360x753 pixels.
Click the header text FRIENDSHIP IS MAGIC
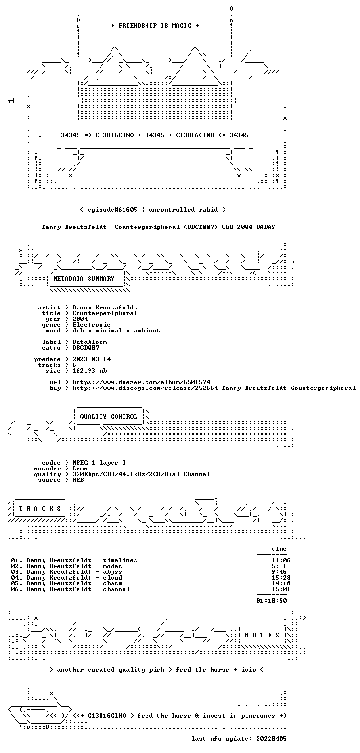click(x=155, y=26)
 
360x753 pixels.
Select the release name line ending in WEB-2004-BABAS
click(x=158, y=227)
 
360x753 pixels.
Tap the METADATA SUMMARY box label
click(x=84, y=279)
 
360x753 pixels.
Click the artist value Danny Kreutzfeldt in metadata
click(x=105, y=308)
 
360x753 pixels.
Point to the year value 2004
click(x=80, y=319)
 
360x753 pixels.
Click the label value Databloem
click(x=90, y=342)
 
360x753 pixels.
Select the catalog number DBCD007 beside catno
click(x=86, y=348)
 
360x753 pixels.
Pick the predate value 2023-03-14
click(x=91, y=359)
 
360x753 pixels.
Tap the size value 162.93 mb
click(x=90, y=370)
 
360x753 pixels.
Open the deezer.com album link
click(x=141, y=382)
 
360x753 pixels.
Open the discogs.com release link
click(x=214, y=388)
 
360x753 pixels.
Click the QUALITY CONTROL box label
click(x=109, y=417)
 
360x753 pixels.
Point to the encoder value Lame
click(x=80, y=468)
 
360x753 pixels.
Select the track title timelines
click(x=120, y=560)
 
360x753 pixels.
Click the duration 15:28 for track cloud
click(x=281, y=578)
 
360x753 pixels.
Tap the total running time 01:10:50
click(x=271, y=600)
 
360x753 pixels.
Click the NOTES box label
click(x=262, y=635)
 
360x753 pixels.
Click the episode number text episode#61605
click(x=112, y=210)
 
